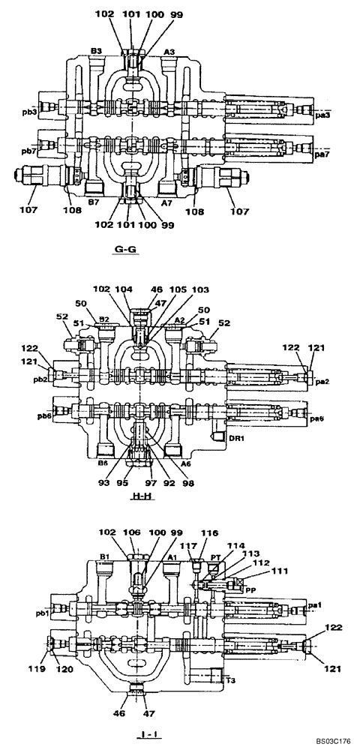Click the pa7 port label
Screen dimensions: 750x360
tap(322, 154)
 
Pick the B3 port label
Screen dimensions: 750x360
tap(96, 51)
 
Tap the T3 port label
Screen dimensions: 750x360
tap(233, 681)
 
